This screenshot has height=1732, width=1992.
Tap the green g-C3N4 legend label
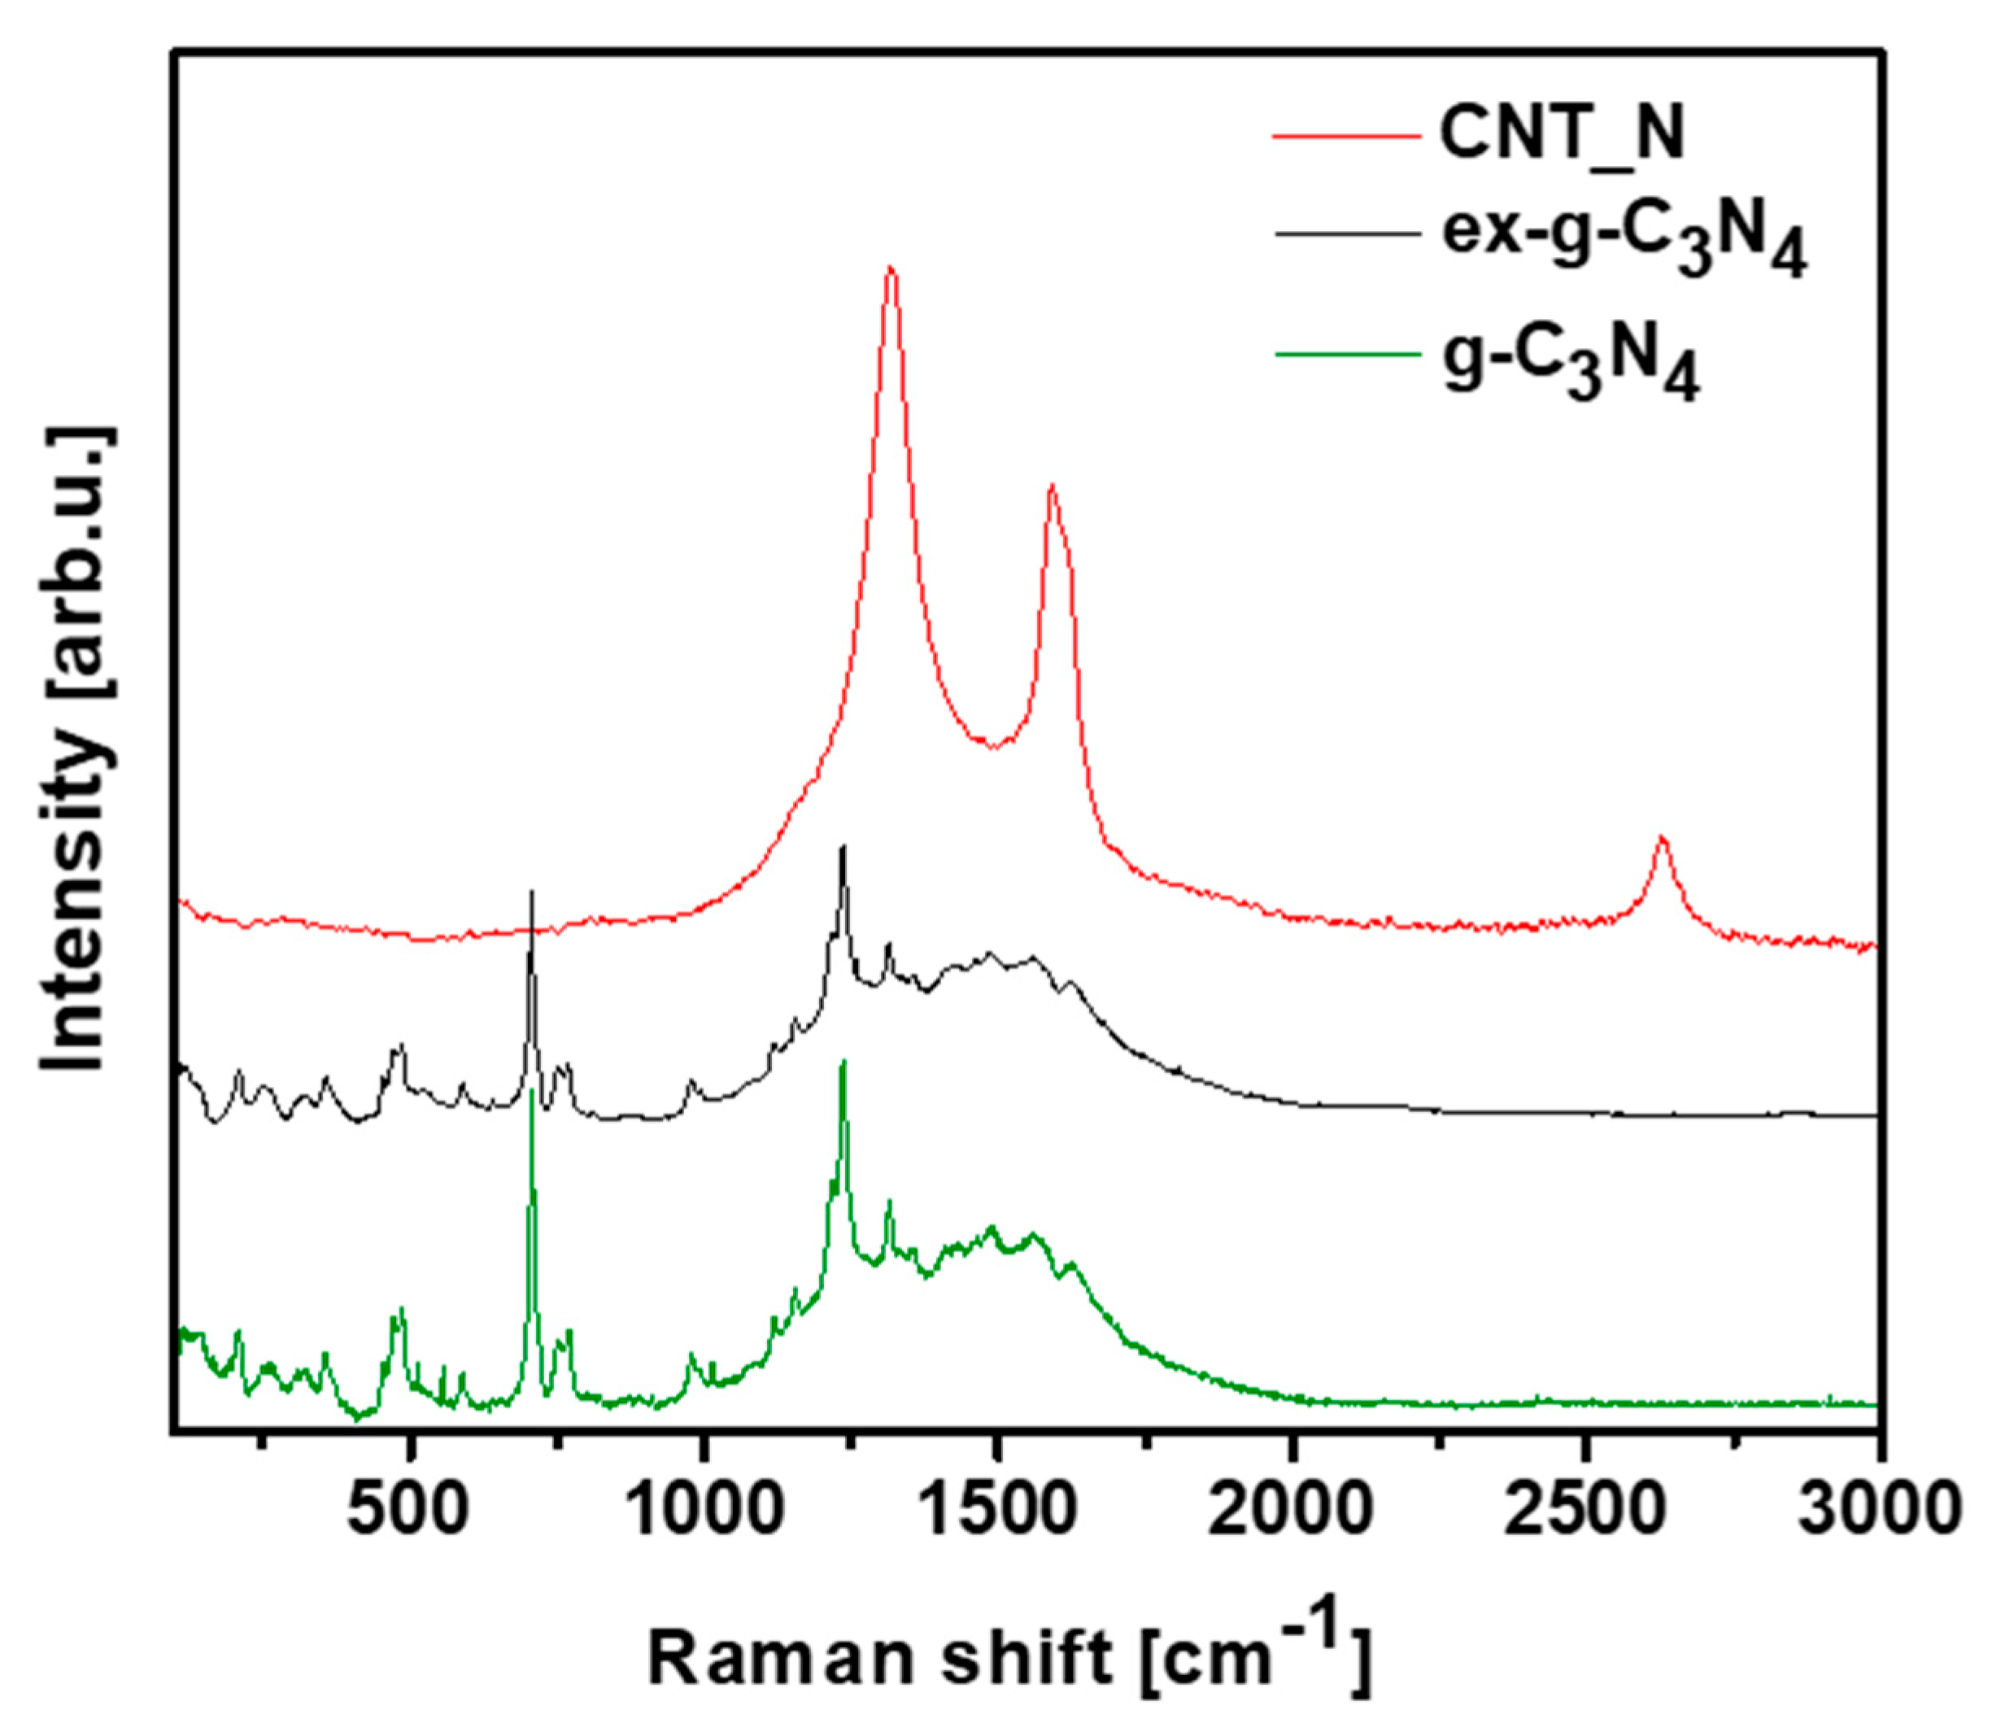[1571, 364]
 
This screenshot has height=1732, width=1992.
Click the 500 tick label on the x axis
[409, 1510]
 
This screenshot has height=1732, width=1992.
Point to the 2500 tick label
[1586, 1510]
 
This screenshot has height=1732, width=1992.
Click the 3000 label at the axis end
[1877, 1510]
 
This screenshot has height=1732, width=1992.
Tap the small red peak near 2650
[1662, 838]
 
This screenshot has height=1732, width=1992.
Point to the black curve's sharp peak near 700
[530, 893]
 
